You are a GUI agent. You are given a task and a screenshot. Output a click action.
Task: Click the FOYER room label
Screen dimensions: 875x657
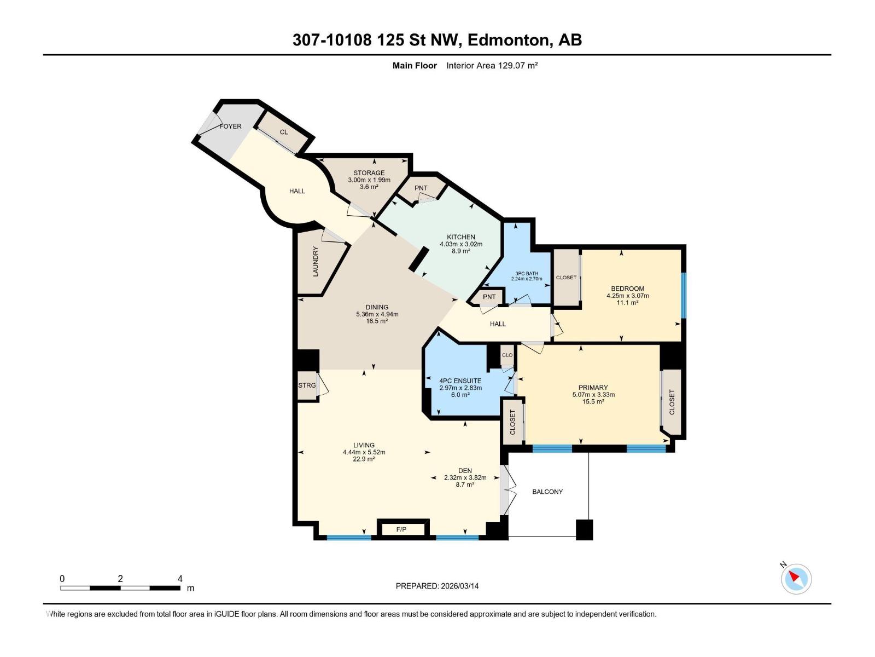tap(230, 126)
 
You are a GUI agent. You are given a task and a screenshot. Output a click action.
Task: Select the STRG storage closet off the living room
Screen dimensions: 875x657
tap(308, 385)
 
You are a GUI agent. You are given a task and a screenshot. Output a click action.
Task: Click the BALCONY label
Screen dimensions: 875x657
tap(547, 492)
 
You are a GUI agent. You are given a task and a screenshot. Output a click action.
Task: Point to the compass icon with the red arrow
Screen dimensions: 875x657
tap(796, 578)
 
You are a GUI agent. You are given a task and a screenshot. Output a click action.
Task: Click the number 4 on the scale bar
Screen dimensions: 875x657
tap(180, 578)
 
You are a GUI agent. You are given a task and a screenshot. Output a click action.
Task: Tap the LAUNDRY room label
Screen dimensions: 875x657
tap(316, 262)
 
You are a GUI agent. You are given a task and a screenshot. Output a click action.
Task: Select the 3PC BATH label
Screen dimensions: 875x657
tap(527, 274)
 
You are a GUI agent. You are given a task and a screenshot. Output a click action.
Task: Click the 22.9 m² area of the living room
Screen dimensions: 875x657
tap(364, 459)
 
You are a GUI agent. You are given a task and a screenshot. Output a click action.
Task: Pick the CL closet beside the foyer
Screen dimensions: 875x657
tap(283, 132)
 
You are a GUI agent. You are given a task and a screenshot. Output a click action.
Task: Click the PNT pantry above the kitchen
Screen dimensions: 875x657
tap(421, 188)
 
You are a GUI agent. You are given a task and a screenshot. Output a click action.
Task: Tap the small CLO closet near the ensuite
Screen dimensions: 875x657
tap(507, 355)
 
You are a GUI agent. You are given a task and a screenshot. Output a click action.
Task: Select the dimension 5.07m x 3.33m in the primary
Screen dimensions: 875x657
tap(593, 395)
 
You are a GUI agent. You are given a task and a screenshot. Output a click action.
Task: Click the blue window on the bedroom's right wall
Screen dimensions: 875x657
tap(683, 295)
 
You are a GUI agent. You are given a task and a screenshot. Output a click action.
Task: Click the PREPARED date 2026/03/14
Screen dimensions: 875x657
tap(459, 586)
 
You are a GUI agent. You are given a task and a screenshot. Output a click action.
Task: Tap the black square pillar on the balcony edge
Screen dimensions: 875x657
tap(585, 530)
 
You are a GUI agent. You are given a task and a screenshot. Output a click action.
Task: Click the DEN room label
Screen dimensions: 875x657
tap(465, 471)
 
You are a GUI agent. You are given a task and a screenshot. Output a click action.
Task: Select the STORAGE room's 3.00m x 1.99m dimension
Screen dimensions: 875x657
tap(369, 180)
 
